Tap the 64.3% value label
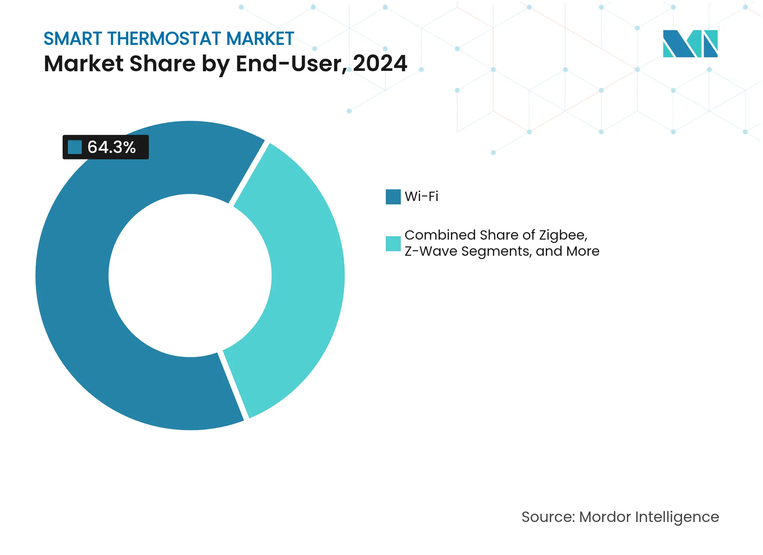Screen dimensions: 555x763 click(x=111, y=147)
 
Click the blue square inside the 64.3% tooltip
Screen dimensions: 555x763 click(x=75, y=147)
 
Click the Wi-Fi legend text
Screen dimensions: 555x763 click(x=421, y=196)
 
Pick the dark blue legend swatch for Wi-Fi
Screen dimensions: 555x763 click(x=393, y=196)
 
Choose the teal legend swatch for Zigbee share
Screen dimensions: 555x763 click(x=393, y=243)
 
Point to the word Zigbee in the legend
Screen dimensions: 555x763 click(x=562, y=235)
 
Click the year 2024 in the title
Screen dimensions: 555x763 click(x=379, y=63)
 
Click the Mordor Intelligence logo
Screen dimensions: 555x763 click(x=690, y=43)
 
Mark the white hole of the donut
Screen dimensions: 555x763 click(x=190, y=276)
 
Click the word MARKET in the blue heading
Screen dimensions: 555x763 click(x=260, y=39)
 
